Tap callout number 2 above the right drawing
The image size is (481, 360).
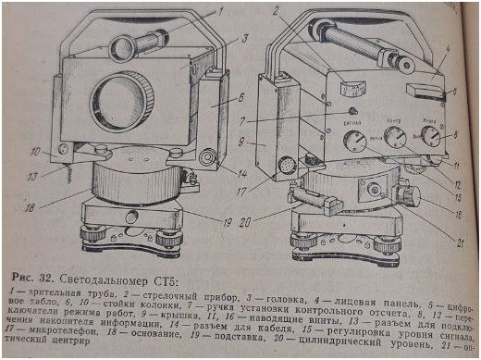pos(277,11)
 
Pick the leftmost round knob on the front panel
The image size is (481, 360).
pos(352,142)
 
